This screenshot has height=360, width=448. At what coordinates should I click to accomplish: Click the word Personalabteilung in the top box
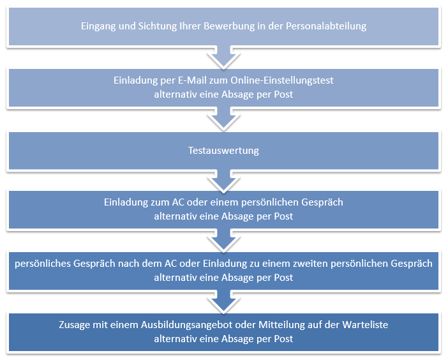click(326, 26)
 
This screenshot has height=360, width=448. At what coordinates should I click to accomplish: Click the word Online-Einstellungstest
click(282, 80)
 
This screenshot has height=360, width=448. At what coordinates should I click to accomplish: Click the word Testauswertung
click(223, 151)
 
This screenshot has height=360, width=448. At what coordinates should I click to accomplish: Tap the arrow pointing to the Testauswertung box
click(223, 119)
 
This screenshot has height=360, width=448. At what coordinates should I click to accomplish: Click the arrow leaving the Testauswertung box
click(223, 181)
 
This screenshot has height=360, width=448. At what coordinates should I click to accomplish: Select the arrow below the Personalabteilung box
click(223, 57)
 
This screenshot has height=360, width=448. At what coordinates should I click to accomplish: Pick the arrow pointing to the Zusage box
click(223, 302)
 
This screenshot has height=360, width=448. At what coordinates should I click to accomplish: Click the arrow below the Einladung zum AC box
click(223, 241)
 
